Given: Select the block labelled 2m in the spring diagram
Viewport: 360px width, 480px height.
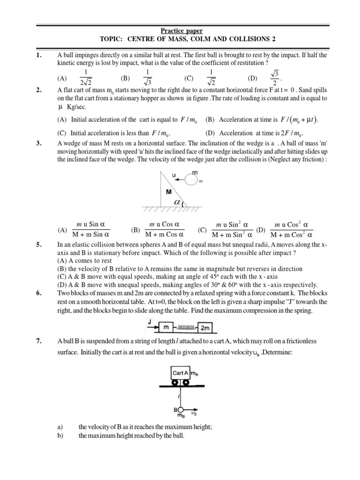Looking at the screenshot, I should (206, 327).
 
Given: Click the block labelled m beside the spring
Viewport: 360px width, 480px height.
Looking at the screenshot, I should (165, 326).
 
